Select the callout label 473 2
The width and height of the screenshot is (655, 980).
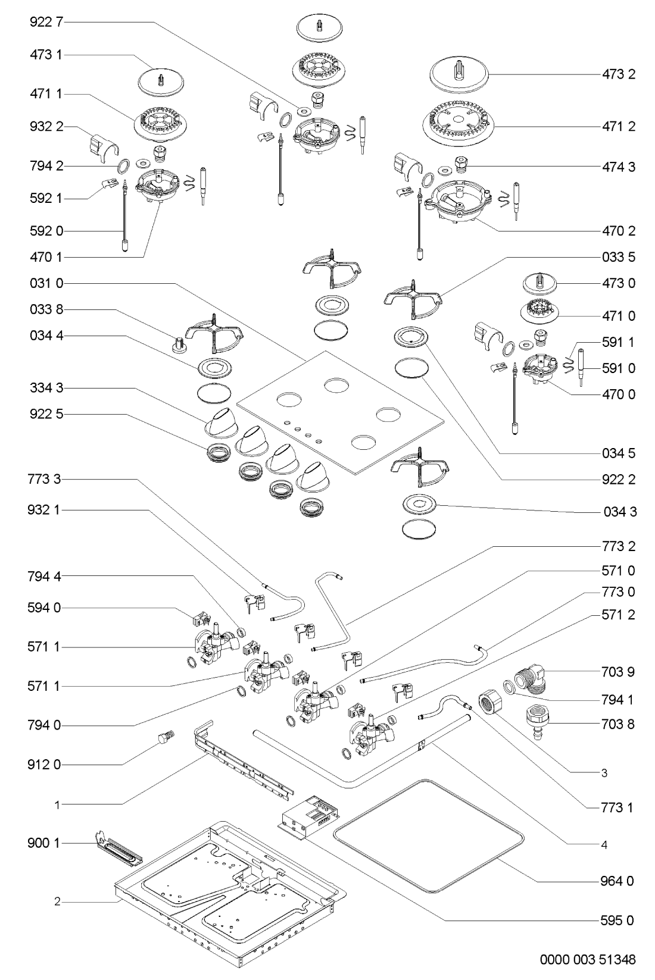pyautogui.click(x=618, y=74)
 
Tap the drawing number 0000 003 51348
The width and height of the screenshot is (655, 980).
pyautogui.click(x=587, y=960)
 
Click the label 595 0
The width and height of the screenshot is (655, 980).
pyautogui.click(x=618, y=920)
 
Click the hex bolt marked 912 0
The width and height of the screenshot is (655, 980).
pyautogui.click(x=164, y=738)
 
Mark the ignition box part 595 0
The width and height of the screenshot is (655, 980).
pyautogui.click(x=308, y=815)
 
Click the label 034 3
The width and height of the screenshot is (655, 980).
pyautogui.click(x=618, y=512)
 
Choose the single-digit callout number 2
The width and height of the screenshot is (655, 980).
pyautogui.click(x=57, y=902)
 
